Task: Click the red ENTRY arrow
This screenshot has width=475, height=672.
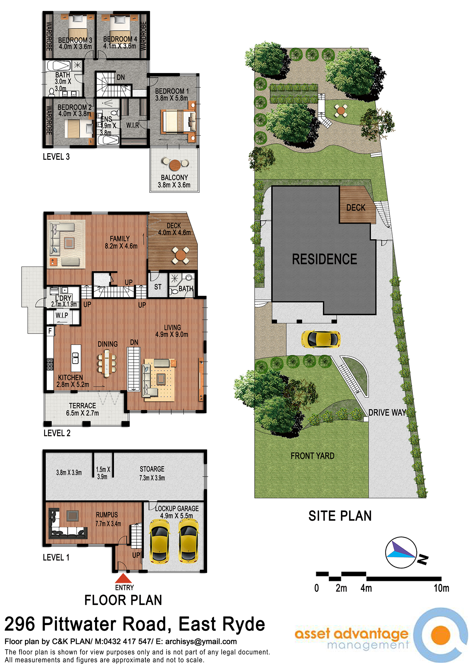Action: click(x=123, y=578)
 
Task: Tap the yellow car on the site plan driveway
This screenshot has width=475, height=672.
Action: click(x=321, y=339)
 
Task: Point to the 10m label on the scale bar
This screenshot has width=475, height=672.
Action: click(x=441, y=588)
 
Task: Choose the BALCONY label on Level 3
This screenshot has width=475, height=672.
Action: click(x=174, y=178)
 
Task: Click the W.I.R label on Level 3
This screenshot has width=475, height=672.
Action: click(x=133, y=126)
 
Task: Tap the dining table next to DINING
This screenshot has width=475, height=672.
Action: click(x=107, y=365)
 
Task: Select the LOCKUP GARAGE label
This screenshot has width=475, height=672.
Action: click(x=177, y=509)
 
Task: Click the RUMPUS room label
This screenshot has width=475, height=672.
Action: click(x=107, y=515)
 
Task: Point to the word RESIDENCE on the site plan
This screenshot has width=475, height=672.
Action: click(x=325, y=259)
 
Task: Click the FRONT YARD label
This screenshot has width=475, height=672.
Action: click(x=313, y=456)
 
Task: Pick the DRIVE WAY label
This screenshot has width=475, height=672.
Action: click(x=387, y=412)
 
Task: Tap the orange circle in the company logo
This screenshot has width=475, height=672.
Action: click(x=440, y=635)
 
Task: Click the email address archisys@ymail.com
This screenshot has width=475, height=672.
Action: click(x=201, y=642)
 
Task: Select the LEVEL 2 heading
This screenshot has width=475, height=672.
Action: click(x=57, y=433)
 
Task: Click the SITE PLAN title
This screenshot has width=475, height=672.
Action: click(x=340, y=516)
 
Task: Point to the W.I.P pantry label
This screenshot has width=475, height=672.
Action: click(x=62, y=316)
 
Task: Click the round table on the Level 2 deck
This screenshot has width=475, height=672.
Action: click(x=180, y=255)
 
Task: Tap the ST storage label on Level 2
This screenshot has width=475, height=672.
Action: click(x=158, y=287)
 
